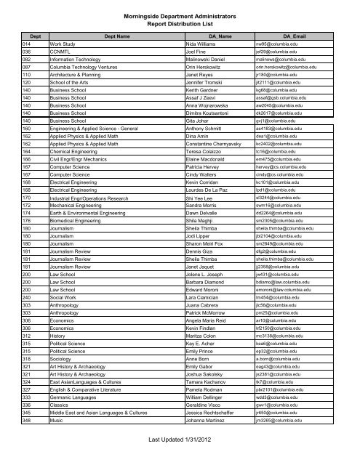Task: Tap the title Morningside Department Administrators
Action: point(180,7)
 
